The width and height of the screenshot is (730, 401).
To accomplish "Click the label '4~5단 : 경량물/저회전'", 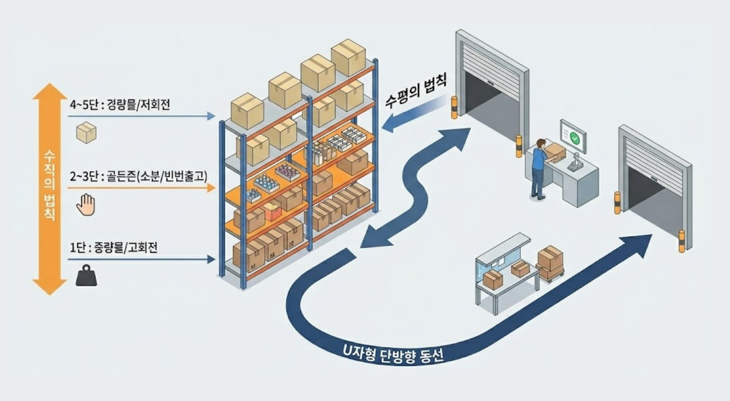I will (x=120, y=106).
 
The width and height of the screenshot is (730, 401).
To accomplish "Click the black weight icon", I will (x=86, y=276).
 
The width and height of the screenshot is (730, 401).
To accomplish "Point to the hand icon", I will (x=86, y=205).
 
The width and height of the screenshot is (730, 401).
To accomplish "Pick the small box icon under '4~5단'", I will (x=86, y=132).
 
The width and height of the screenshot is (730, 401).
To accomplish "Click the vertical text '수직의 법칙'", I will (x=50, y=184).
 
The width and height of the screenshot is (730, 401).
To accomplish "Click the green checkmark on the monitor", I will (x=574, y=137).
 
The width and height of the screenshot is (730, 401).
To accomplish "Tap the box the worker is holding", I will (x=554, y=152).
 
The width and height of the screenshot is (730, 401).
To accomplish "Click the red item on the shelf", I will (x=273, y=211).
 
